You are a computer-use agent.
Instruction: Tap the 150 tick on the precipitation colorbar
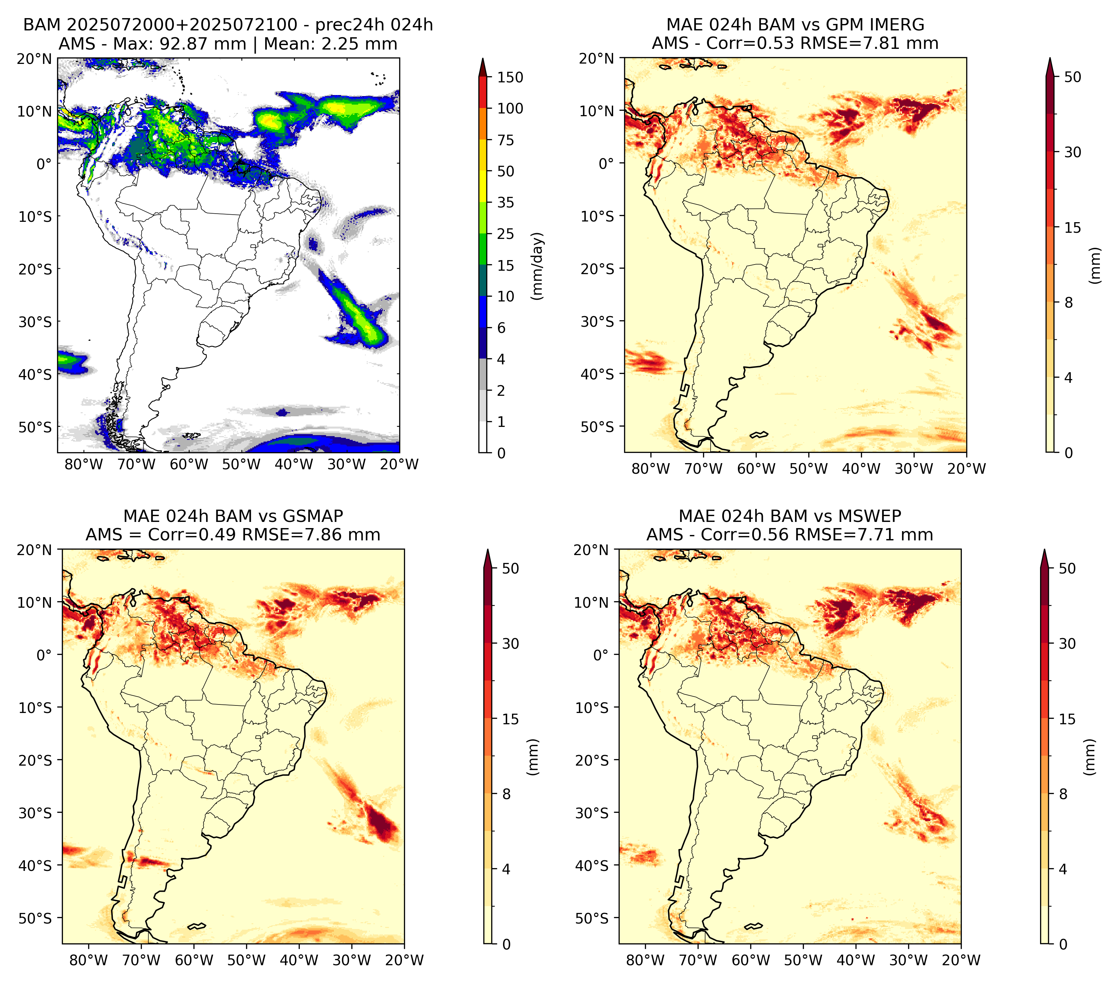point(510,77)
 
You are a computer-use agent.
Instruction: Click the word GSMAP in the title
point(313,516)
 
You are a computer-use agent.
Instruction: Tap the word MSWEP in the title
point(872,516)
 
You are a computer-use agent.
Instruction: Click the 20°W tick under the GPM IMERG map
point(966,469)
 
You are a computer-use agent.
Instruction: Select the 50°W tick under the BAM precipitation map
point(241,464)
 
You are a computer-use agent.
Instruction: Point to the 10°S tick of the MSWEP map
point(592,708)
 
